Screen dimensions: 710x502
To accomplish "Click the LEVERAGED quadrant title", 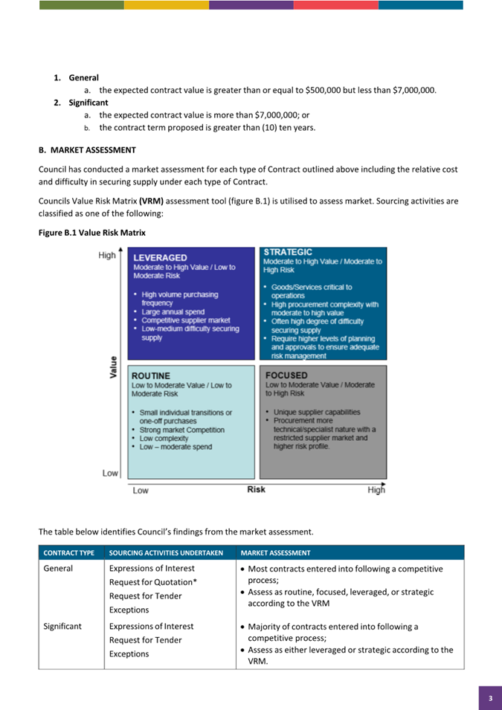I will click(x=160, y=258).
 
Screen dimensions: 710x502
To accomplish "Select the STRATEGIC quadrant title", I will click(x=288, y=253).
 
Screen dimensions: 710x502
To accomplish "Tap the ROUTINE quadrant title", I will click(x=151, y=376).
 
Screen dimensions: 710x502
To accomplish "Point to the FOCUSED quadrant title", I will click(x=286, y=375).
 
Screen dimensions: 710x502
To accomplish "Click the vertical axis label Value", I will click(x=114, y=367).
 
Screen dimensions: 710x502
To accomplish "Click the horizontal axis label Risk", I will click(x=256, y=489).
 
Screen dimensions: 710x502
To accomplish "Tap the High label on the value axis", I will click(x=107, y=255).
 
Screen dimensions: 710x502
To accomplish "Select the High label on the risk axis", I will click(x=376, y=490).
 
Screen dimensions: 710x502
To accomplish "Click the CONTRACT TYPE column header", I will click(x=69, y=553).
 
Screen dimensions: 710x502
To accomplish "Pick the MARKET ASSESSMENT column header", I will click(x=276, y=553).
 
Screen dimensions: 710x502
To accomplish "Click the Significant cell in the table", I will click(x=63, y=626).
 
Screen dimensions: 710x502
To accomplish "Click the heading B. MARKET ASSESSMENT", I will click(x=87, y=150).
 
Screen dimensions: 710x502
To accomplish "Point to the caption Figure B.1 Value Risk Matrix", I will click(x=91, y=233).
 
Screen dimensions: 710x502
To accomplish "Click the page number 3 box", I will click(x=490, y=698).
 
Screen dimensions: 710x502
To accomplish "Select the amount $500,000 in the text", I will click(x=324, y=91).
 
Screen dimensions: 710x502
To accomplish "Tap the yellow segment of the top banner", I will click(x=167, y=4).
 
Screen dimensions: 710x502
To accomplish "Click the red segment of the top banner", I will click(x=336, y=4).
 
